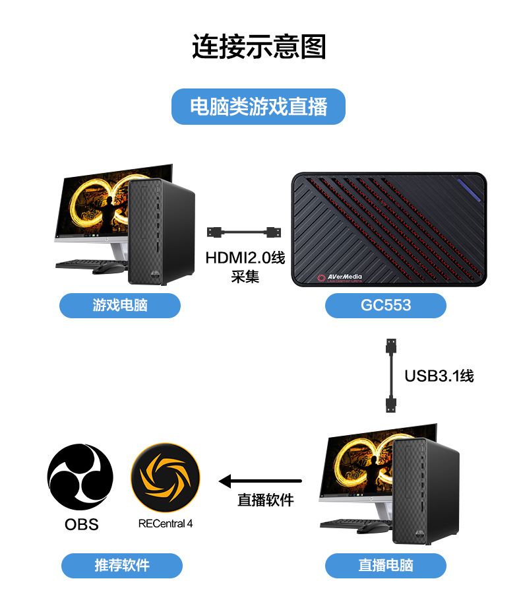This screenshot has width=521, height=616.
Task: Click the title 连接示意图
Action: pos(259,47)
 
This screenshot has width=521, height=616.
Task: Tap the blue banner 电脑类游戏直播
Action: pos(259,106)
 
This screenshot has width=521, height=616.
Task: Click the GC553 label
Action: pos(386,305)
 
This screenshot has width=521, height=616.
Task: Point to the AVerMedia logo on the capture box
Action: pos(344,278)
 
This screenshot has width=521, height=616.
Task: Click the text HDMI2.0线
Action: pos(245,257)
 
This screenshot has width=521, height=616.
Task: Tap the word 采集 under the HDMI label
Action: pos(245,277)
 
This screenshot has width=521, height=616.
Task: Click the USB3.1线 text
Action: pos(439,376)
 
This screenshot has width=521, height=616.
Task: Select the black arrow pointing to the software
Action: pos(260,481)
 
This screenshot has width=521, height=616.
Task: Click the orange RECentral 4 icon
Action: pos(166,477)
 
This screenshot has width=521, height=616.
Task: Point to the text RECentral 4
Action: pos(166,524)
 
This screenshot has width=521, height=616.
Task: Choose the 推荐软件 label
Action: pos(122,566)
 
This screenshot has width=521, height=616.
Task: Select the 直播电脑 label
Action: pos(386,566)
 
